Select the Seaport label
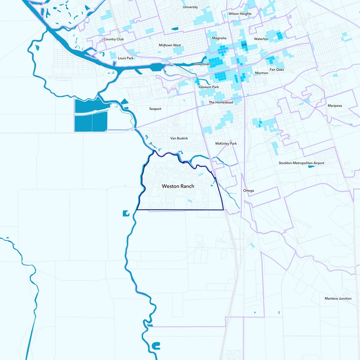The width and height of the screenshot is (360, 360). (x=155, y=109)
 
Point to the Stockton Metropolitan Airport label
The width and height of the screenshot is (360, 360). (x=301, y=163)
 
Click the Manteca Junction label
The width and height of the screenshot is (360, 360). (x=338, y=298)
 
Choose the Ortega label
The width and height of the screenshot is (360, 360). (x=248, y=191)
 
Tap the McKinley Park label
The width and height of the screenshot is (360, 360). (x=226, y=144)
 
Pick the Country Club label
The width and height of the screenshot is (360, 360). (x=113, y=39)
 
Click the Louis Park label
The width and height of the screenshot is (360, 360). (x=126, y=58)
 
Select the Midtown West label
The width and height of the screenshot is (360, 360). (x=170, y=45)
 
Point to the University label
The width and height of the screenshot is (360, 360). (x=190, y=7)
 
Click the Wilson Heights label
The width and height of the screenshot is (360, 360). (x=240, y=14)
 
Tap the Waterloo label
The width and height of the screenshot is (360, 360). (x=261, y=39)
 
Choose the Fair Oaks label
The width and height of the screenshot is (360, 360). (x=277, y=70)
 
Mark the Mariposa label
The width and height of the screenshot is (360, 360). (x=335, y=106)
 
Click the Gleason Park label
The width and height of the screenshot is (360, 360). (x=209, y=87)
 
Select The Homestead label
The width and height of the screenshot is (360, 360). (x=221, y=103)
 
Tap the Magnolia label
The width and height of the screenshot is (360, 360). (x=219, y=39)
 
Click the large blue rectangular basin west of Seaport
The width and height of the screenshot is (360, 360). (x=90, y=115)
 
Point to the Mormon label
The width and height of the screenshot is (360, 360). (x=261, y=73)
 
